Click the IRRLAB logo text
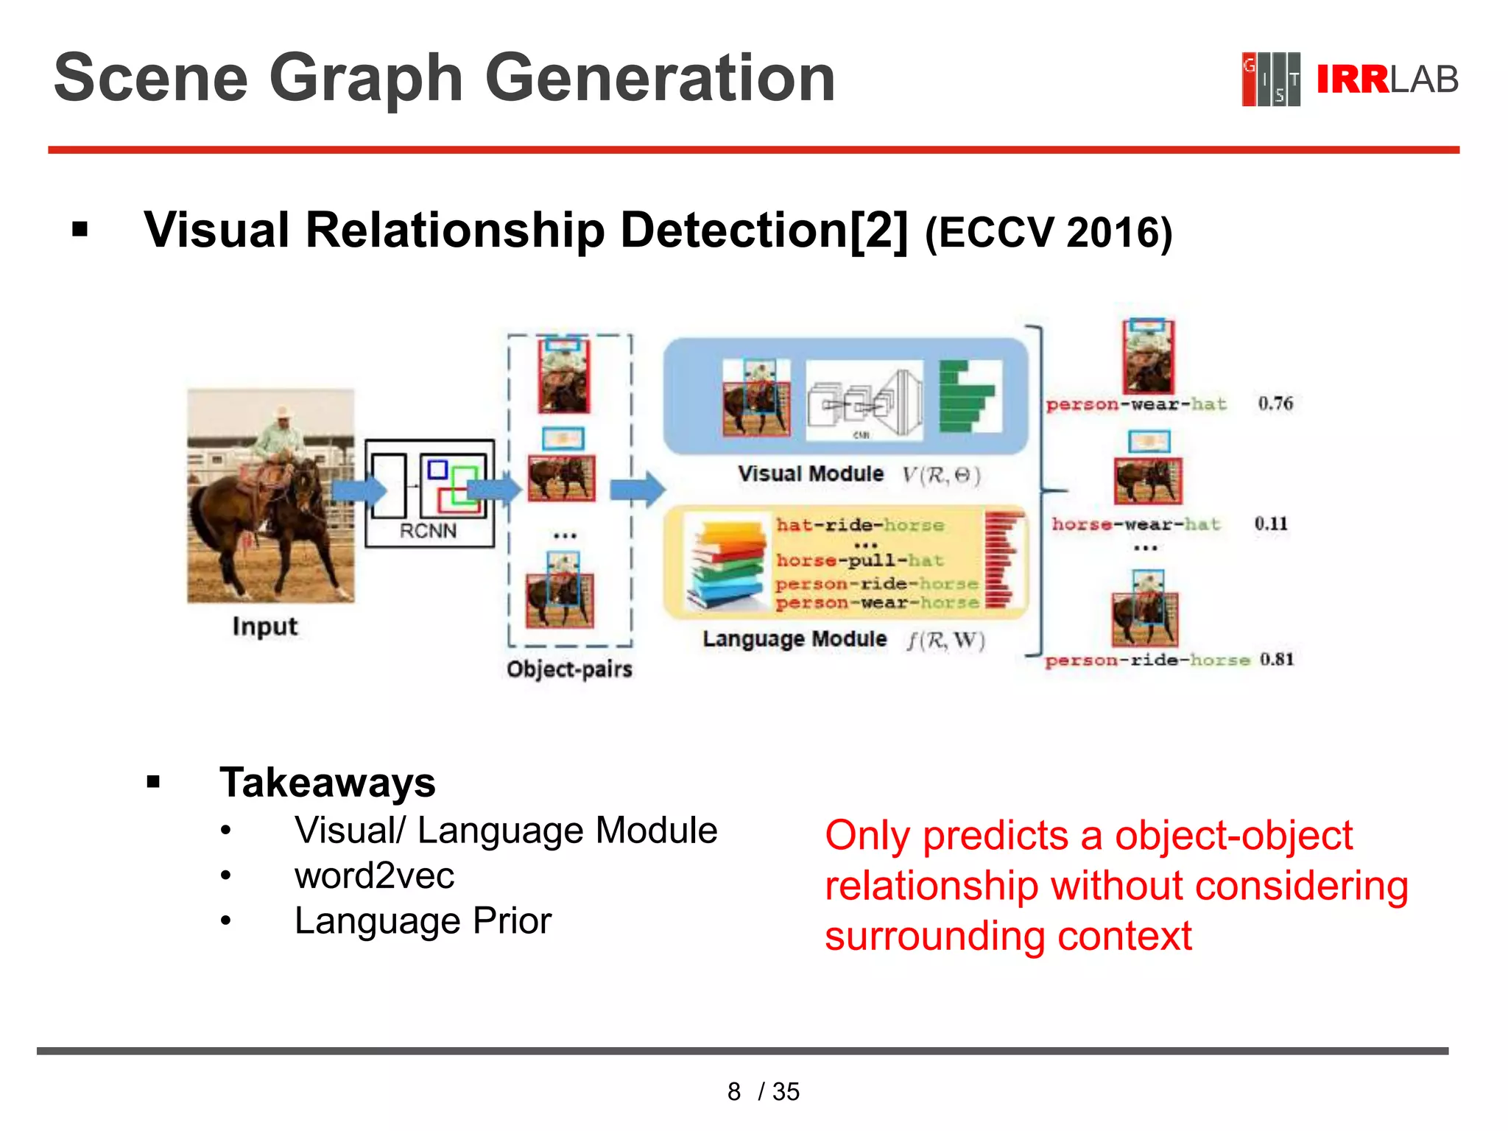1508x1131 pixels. (x=1386, y=80)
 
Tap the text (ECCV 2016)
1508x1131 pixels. (x=1048, y=233)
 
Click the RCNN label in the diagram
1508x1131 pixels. (x=428, y=531)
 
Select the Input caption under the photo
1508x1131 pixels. (x=265, y=627)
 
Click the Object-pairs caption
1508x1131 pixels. (x=569, y=669)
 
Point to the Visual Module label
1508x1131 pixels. (x=811, y=474)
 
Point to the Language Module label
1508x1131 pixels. (x=794, y=639)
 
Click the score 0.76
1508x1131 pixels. (x=1275, y=404)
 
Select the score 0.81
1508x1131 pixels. (x=1276, y=659)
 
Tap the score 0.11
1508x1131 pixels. (x=1271, y=524)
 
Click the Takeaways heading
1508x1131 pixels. (x=328, y=782)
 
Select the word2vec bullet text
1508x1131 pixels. (x=374, y=875)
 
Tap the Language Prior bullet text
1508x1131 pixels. (x=423, y=920)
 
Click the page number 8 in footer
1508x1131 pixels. (x=733, y=1091)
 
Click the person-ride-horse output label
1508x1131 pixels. (x=1147, y=660)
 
